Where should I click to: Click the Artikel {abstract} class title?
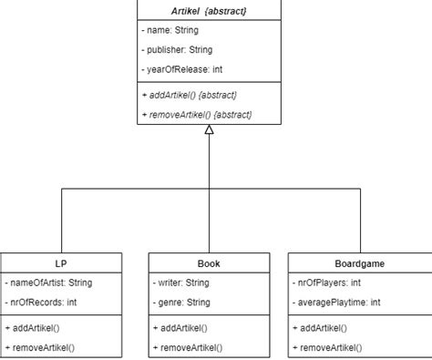210,11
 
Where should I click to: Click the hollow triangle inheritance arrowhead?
210,131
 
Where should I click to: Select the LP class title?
61,263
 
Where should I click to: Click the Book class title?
209,263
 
